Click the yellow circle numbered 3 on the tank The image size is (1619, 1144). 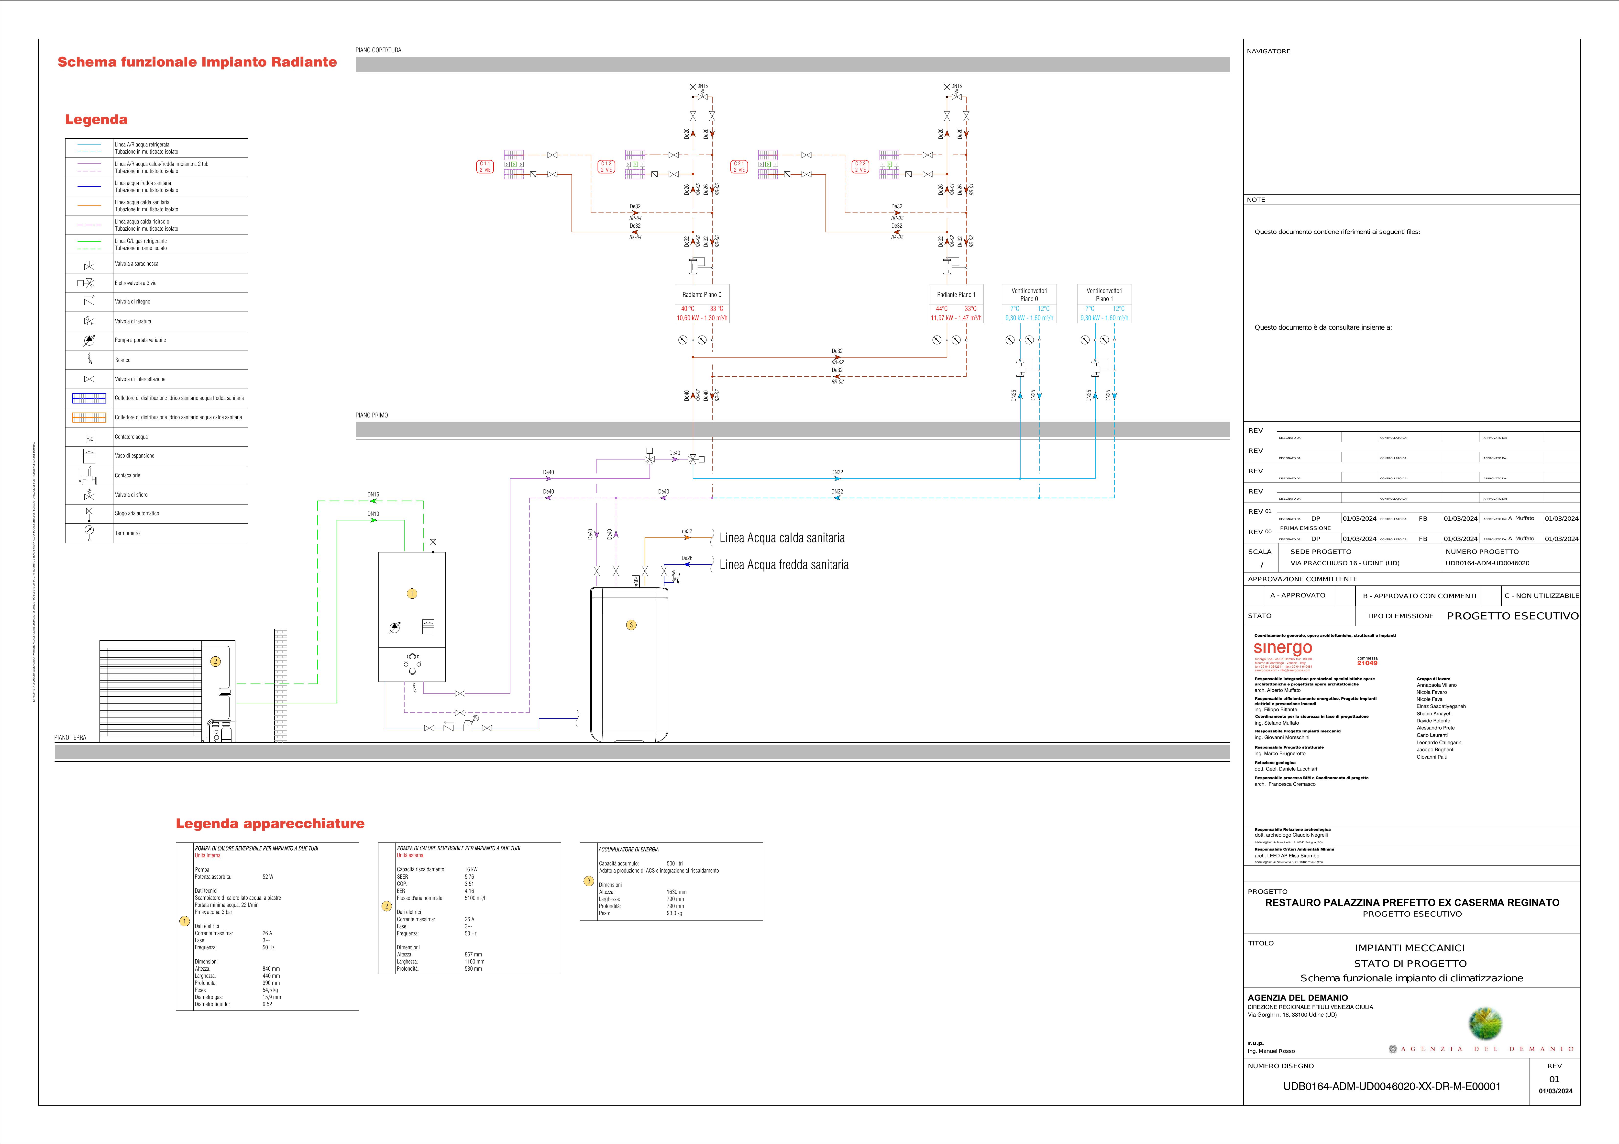(x=631, y=625)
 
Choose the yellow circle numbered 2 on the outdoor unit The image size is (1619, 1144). (x=216, y=662)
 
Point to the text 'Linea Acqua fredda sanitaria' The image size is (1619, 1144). (x=783, y=565)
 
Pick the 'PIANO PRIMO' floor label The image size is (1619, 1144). (x=372, y=415)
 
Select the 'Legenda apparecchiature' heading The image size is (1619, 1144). (x=270, y=824)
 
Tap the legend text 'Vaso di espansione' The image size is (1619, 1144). (x=135, y=456)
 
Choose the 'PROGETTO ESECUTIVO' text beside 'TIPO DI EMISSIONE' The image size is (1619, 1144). (x=1512, y=616)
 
